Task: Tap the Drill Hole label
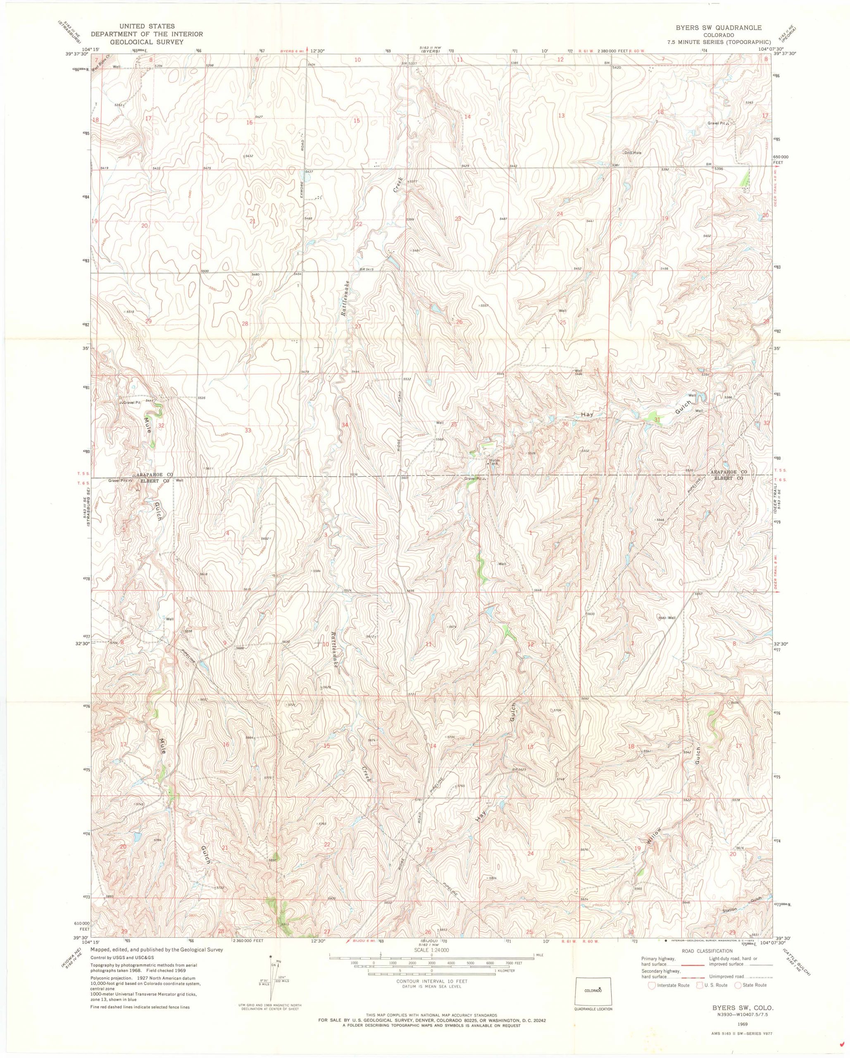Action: pyautogui.click(x=633, y=153)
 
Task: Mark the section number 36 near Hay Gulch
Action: pyautogui.click(x=565, y=424)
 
